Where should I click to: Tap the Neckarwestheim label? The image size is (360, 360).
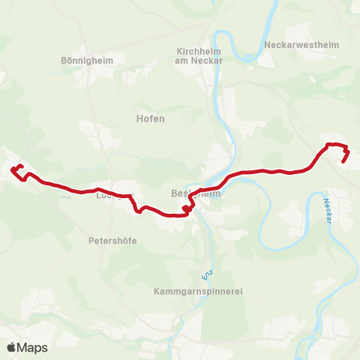[x=301, y=45]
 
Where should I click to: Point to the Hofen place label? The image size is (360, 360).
[x=150, y=118]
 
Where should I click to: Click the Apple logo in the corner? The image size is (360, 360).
[x=11, y=347]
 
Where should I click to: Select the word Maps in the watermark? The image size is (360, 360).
[x=32, y=347]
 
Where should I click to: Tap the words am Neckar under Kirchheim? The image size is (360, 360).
[x=196, y=61]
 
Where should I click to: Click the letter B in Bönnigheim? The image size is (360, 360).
[x=63, y=61]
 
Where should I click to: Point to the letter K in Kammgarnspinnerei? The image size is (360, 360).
[x=154, y=290]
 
